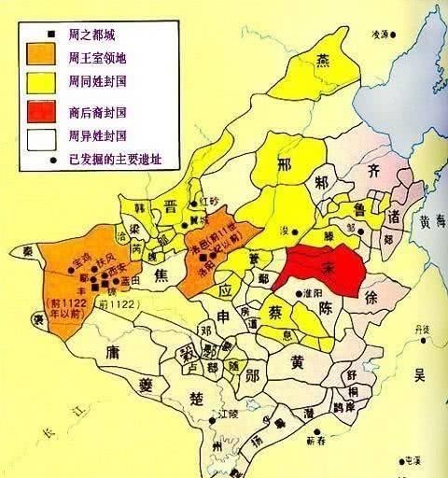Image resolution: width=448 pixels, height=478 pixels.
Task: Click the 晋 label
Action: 172,207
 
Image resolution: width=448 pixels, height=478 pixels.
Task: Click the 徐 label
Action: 371,299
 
